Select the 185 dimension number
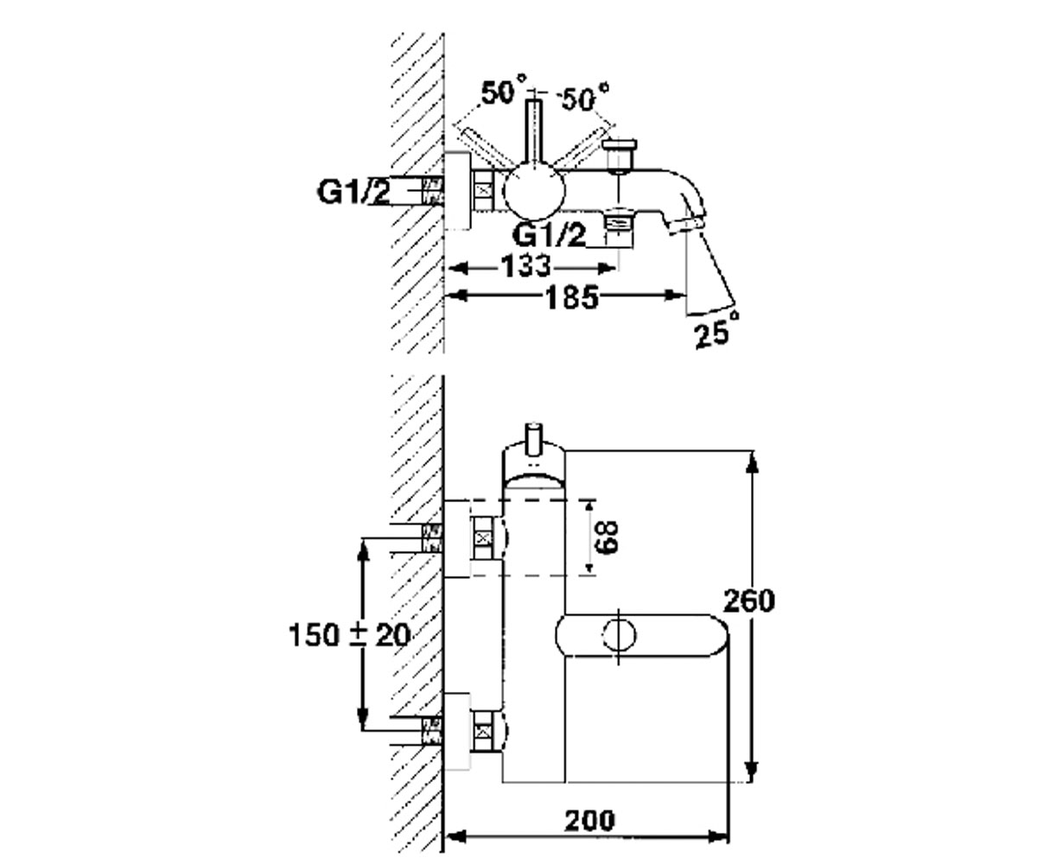(572, 298)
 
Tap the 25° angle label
(716, 331)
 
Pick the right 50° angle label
(584, 98)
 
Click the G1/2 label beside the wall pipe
(354, 193)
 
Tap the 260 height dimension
(748, 601)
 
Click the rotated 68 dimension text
(607, 537)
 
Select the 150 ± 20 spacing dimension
(350, 635)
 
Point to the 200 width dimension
(589, 821)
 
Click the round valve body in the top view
(533, 192)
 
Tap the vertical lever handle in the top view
(534, 130)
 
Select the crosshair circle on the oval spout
(619, 635)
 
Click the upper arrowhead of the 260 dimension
(753, 469)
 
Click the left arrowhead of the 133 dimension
(458, 269)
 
